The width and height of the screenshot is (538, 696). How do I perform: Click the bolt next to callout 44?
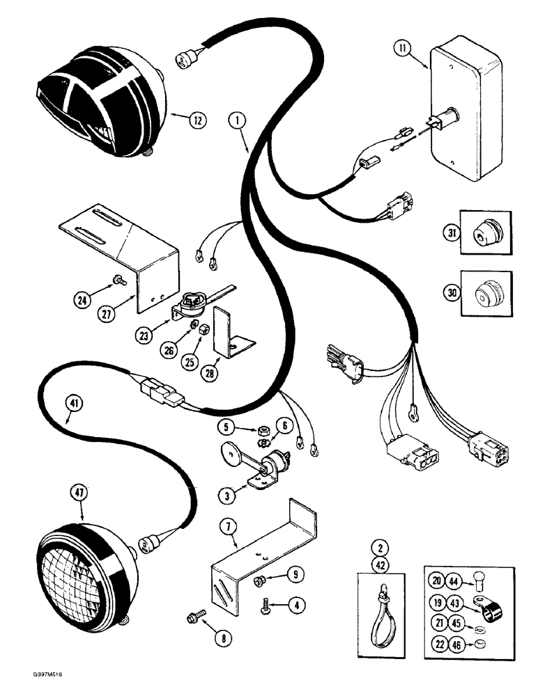[x=482, y=580]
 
